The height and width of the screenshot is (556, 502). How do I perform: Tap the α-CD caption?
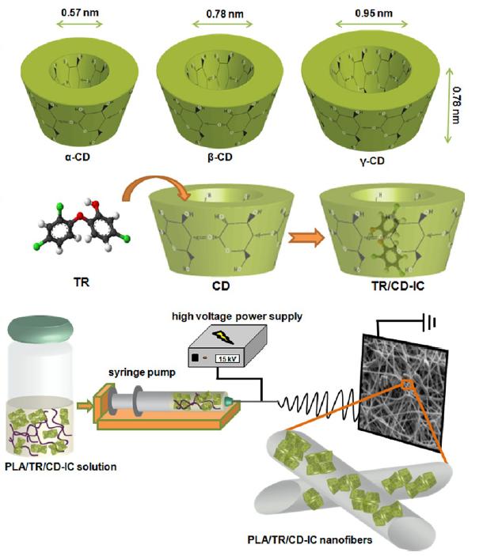click(76, 157)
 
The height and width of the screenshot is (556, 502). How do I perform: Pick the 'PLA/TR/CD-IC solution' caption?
click(59, 467)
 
